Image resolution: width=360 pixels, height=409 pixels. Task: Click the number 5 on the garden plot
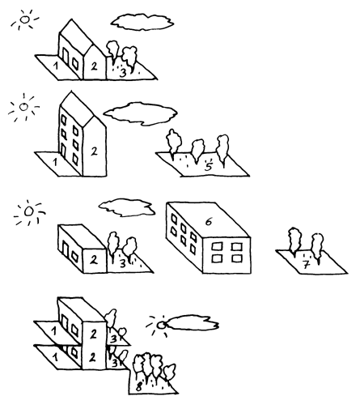tap(208, 166)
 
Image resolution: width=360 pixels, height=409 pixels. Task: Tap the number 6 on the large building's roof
tap(209, 221)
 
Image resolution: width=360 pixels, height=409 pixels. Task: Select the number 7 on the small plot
tap(306, 266)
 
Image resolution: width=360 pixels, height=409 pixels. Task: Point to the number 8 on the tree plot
tap(138, 387)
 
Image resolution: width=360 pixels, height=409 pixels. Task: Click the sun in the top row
tap(24, 19)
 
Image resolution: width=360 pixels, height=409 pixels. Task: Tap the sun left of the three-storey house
tap(23, 107)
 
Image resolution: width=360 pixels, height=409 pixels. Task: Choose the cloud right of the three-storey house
tap(140, 113)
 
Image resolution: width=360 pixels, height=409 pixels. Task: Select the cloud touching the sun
tap(192, 322)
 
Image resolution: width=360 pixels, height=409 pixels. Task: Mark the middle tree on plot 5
tap(197, 150)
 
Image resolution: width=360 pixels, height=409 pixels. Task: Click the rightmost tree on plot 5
tap(223, 150)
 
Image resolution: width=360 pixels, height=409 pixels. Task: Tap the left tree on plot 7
tap(294, 241)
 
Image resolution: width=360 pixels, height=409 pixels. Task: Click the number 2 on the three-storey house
tap(94, 151)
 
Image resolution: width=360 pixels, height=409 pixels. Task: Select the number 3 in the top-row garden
tap(123, 73)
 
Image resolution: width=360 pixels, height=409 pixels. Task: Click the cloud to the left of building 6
tap(127, 207)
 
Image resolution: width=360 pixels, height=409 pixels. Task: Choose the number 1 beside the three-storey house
tap(55, 163)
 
